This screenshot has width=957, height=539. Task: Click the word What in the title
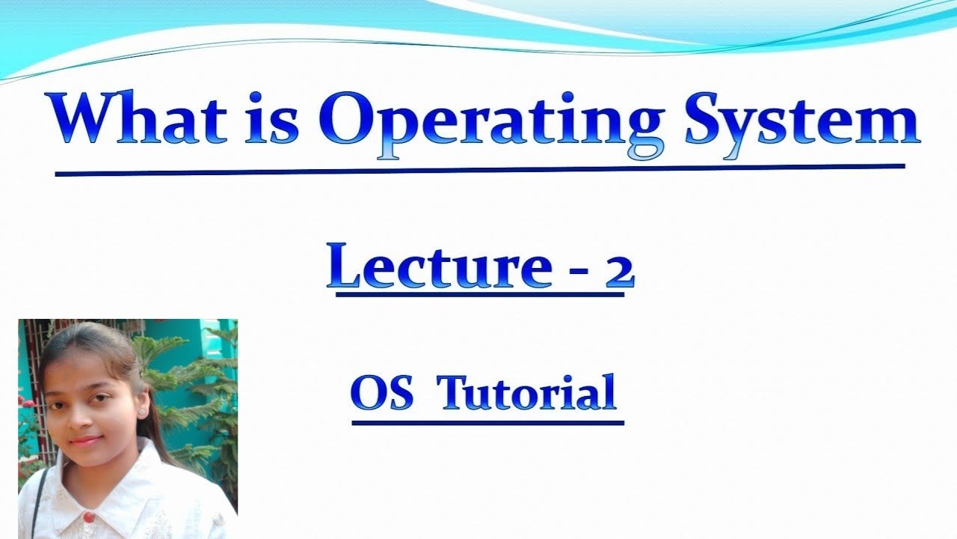click(139, 120)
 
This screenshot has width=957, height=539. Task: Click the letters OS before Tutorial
click(381, 392)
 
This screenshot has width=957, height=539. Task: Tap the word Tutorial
click(528, 392)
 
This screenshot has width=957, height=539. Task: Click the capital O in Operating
click(350, 120)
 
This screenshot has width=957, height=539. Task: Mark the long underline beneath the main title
click(478, 170)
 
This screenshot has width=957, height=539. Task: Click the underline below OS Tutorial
click(487, 423)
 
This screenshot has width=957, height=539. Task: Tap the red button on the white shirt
click(87, 516)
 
